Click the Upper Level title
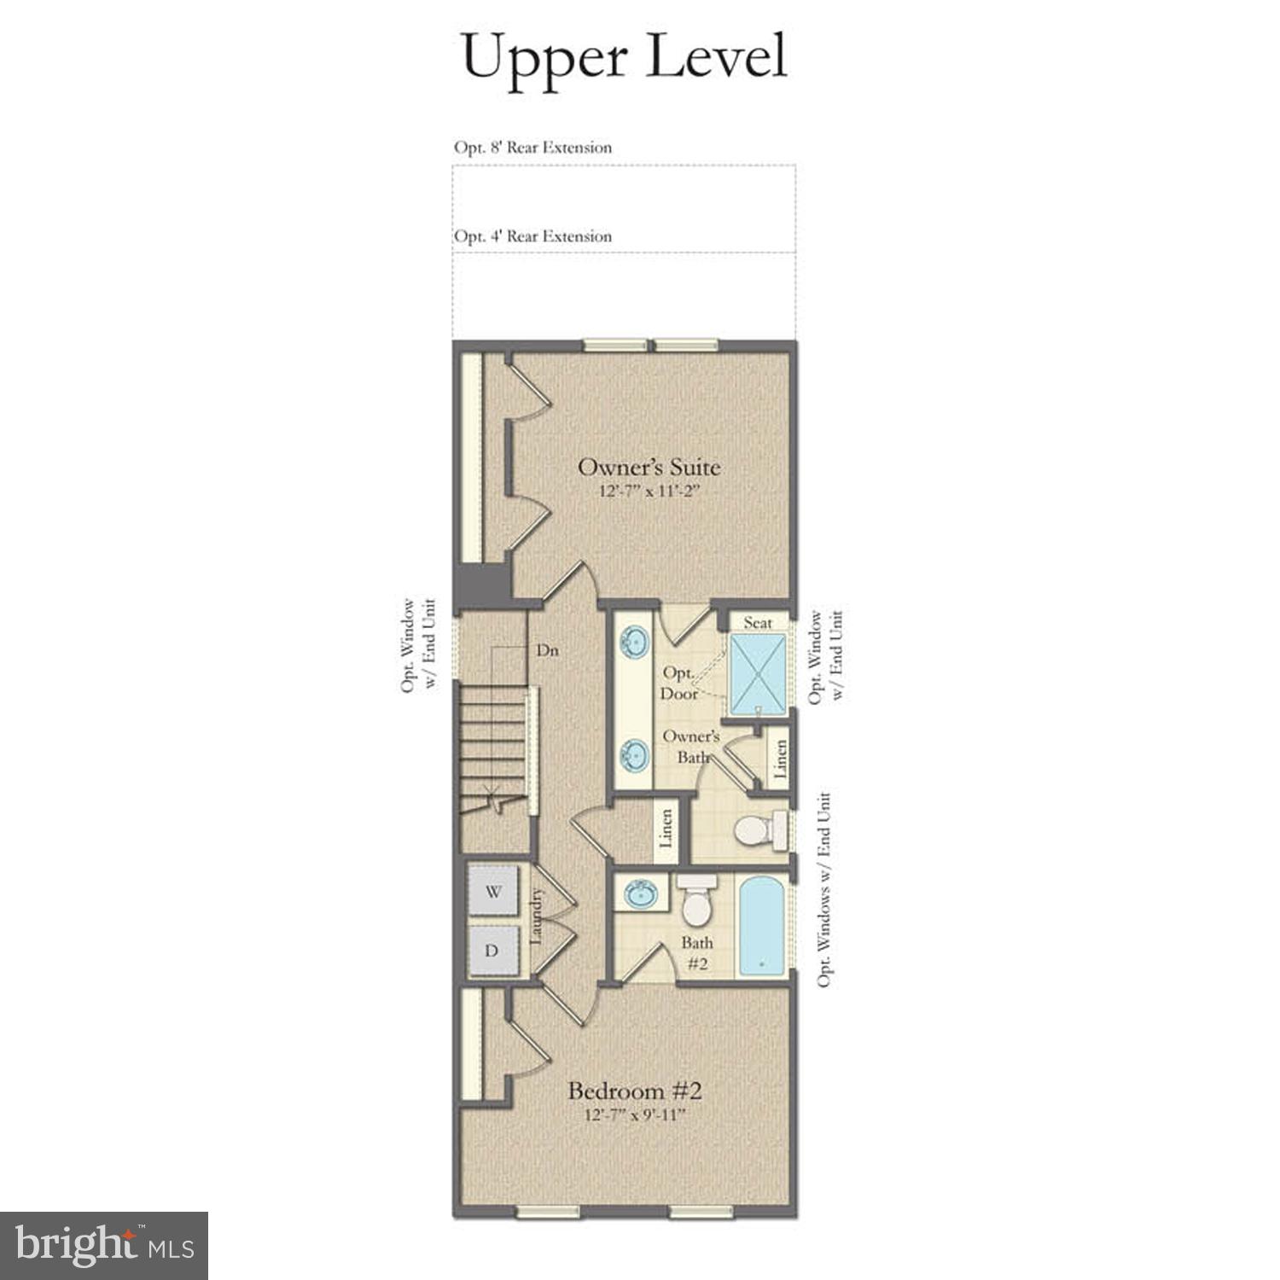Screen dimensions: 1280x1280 (x=624, y=56)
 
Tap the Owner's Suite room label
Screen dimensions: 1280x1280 (x=649, y=467)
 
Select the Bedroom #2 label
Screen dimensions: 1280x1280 (x=634, y=1091)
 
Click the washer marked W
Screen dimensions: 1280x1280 (x=492, y=892)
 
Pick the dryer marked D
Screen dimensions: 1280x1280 (x=492, y=950)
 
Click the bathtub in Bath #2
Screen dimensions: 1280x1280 (x=762, y=925)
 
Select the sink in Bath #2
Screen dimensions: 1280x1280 (x=641, y=894)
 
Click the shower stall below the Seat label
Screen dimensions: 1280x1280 (x=758, y=673)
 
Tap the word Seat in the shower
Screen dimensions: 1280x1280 (x=758, y=622)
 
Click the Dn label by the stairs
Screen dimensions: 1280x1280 (x=547, y=650)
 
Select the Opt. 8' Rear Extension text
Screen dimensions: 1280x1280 (x=532, y=148)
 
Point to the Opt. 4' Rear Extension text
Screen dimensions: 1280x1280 (x=532, y=236)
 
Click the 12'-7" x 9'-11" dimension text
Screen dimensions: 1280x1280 (x=635, y=1115)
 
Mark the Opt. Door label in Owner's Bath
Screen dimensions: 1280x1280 (x=679, y=684)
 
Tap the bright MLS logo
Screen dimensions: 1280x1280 (x=104, y=1245)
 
